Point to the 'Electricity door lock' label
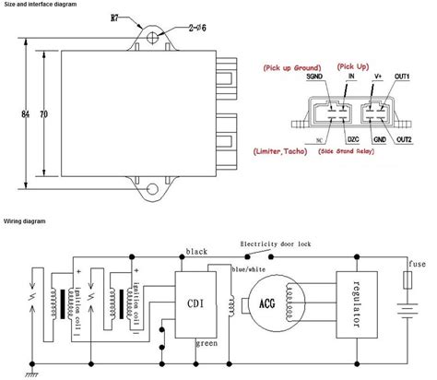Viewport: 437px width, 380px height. pyautogui.click(x=279, y=244)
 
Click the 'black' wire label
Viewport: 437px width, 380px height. pyautogui.click(x=196, y=251)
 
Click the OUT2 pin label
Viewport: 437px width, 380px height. pyautogui.click(x=403, y=139)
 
